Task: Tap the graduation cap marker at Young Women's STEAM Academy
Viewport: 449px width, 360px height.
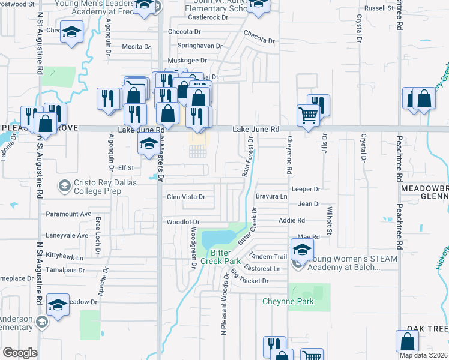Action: click(x=302, y=249)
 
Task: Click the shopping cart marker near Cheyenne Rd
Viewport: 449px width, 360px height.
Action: click(x=308, y=116)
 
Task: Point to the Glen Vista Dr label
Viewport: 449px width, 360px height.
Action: click(x=186, y=197)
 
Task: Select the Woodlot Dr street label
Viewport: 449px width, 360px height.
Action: click(x=182, y=222)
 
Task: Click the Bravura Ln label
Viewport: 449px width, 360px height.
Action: click(x=272, y=196)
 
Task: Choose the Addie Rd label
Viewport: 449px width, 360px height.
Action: click(x=292, y=220)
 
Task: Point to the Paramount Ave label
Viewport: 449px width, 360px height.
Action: click(x=69, y=214)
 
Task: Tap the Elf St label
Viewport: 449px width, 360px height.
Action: click(x=125, y=168)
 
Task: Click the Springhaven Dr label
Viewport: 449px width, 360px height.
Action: click(x=200, y=46)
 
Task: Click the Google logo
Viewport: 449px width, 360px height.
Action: click(x=20, y=353)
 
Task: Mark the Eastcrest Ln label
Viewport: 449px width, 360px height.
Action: click(x=263, y=268)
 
